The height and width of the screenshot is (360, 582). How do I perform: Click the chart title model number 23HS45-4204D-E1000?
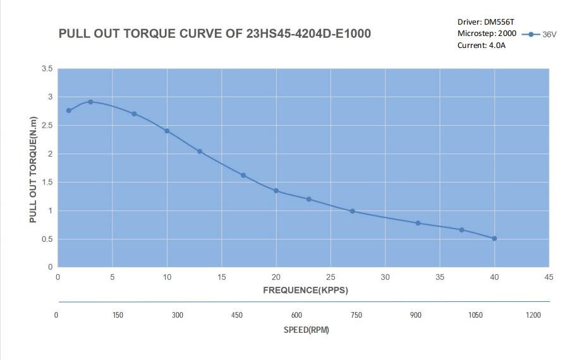pyautogui.click(x=308, y=33)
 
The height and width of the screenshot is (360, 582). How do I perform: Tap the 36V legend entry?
pyautogui.click(x=539, y=35)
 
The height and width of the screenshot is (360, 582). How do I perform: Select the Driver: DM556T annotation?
pyautogui.click(x=485, y=22)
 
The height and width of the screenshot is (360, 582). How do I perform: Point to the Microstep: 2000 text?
pyautogui.click(x=487, y=33)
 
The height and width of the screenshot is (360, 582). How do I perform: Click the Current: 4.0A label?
pyautogui.click(x=482, y=45)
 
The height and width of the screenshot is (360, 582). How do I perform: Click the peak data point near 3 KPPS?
pyautogui.click(x=90, y=102)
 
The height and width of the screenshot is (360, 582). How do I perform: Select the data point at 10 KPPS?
pyautogui.click(x=167, y=131)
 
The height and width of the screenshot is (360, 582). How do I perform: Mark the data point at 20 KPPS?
pyautogui.click(x=276, y=191)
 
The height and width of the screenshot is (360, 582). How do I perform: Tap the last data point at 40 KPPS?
pyautogui.click(x=494, y=239)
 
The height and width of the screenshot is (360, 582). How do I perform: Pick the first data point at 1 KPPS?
pyautogui.click(x=69, y=111)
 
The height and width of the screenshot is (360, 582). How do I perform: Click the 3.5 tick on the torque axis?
pyautogui.click(x=47, y=69)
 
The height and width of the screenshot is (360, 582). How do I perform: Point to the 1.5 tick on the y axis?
pyautogui.click(x=47, y=183)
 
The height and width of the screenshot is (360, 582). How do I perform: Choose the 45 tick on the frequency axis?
pyautogui.click(x=549, y=277)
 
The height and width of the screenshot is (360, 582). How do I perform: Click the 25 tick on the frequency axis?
pyautogui.click(x=330, y=277)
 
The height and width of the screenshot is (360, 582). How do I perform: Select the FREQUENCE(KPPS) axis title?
pyautogui.click(x=305, y=291)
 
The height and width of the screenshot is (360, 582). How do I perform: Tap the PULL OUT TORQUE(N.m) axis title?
pyautogui.click(x=33, y=170)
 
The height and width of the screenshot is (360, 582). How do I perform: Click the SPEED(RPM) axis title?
pyautogui.click(x=306, y=330)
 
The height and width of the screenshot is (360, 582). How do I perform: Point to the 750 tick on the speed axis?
pyautogui.click(x=356, y=315)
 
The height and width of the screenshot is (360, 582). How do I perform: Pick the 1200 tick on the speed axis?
pyautogui.click(x=533, y=315)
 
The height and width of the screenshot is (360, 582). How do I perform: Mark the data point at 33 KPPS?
pyautogui.click(x=418, y=223)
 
